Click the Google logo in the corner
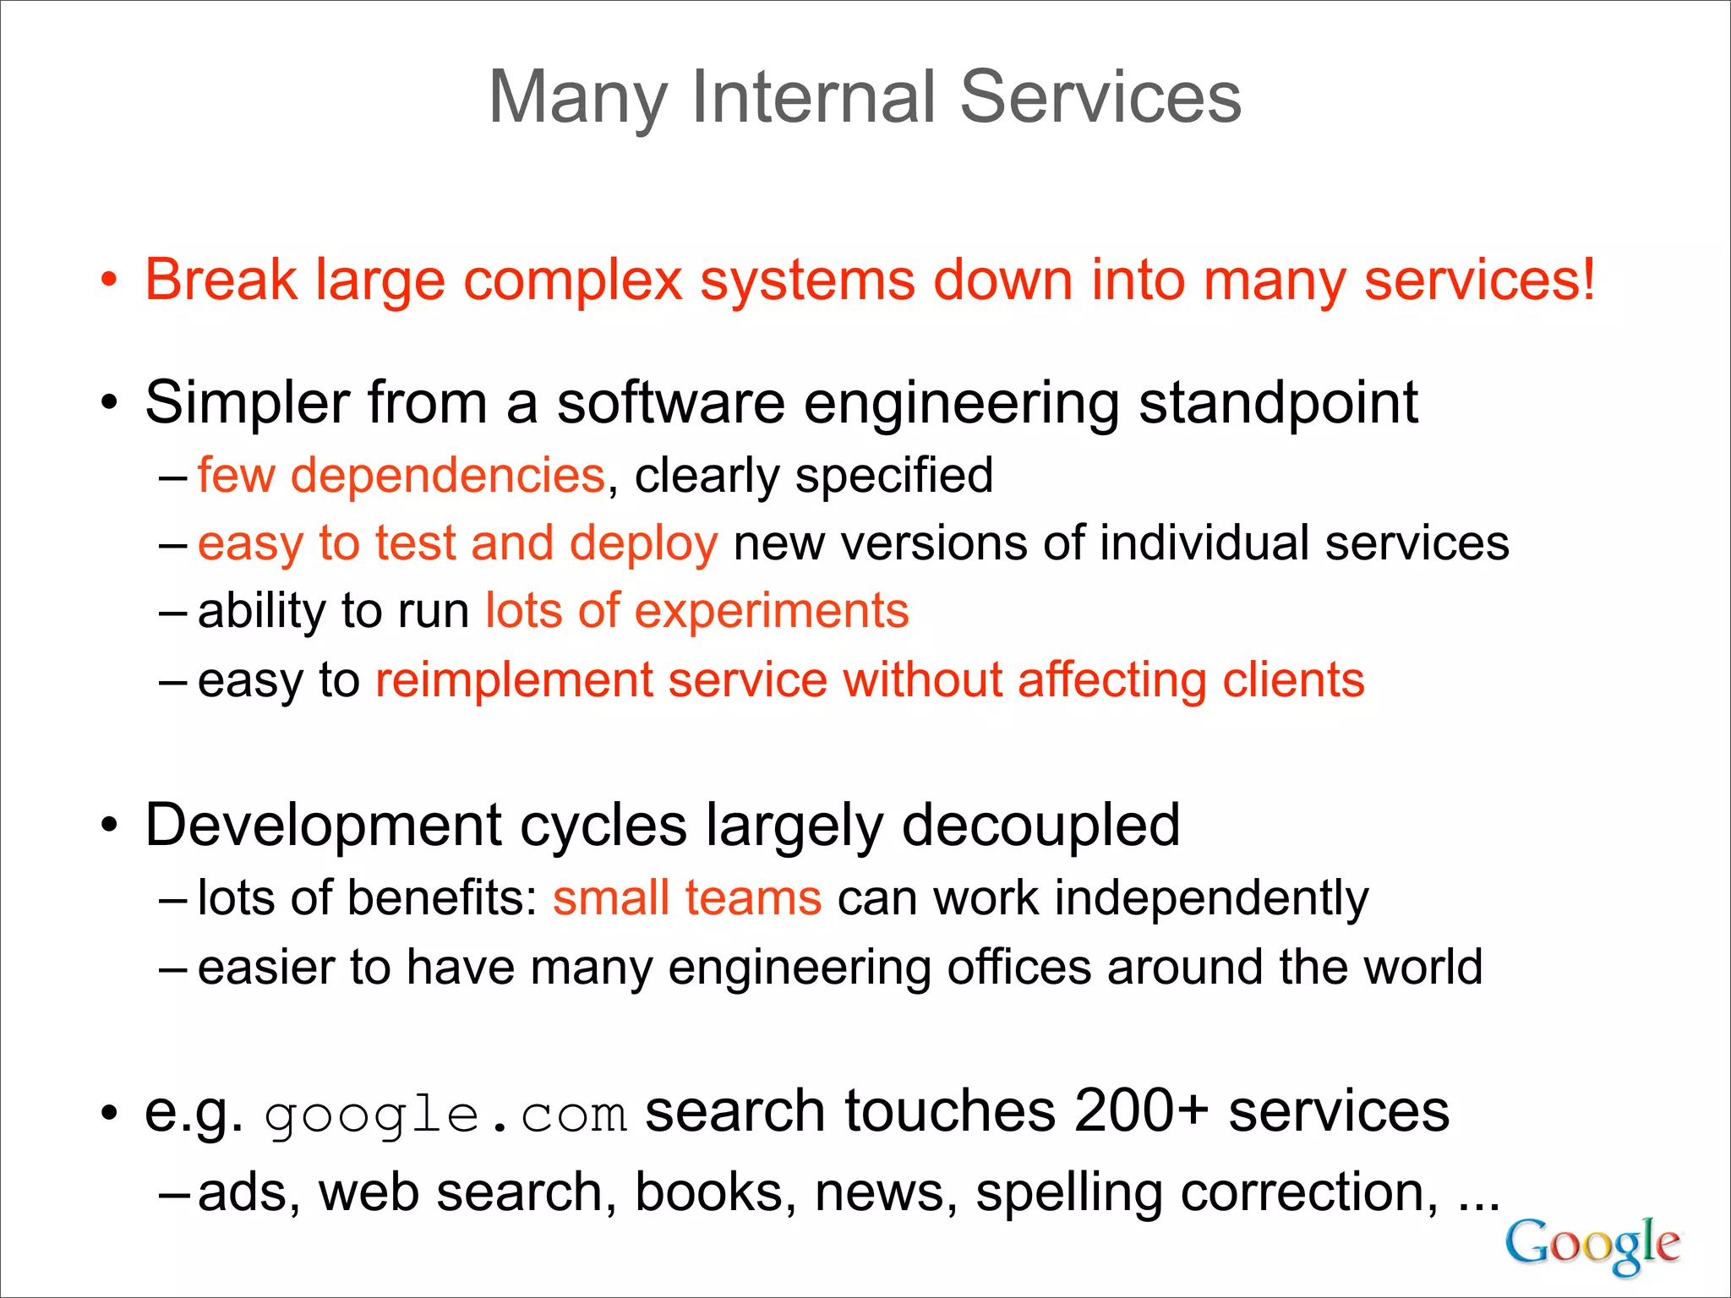point(1592,1244)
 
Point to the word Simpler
point(246,402)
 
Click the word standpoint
point(1278,402)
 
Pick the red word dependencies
point(447,475)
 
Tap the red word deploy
point(643,543)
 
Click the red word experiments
point(771,610)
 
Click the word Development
point(324,825)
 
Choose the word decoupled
point(1040,825)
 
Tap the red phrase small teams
point(686,897)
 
